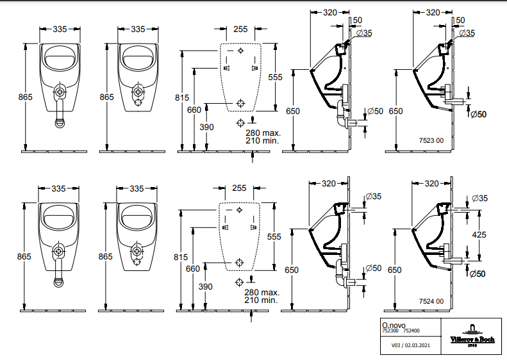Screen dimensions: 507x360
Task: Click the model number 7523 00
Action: (x=431, y=140)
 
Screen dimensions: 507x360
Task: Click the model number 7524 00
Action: (x=431, y=301)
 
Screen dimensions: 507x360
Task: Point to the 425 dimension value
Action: (x=479, y=234)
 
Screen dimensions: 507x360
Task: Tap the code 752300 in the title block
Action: (x=390, y=331)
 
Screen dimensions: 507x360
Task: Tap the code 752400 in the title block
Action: (x=411, y=331)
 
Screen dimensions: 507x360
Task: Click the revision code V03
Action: (x=395, y=345)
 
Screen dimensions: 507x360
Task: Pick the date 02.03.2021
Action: (x=417, y=345)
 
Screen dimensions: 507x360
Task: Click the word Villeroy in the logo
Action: (x=461, y=340)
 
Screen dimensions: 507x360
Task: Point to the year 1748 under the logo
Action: (x=472, y=345)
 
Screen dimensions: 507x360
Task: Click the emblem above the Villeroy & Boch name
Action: (x=472, y=329)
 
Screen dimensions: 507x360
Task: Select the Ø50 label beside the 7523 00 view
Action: (x=478, y=114)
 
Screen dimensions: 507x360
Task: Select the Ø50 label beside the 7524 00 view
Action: (x=478, y=274)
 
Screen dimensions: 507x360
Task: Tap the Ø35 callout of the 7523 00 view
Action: (x=467, y=33)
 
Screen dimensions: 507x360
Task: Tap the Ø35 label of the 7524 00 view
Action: (x=479, y=198)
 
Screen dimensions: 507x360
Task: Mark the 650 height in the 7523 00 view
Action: (x=395, y=111)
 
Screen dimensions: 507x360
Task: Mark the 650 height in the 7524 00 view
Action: (x=394, y=270)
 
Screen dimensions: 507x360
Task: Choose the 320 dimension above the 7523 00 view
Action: (x=433, y=12)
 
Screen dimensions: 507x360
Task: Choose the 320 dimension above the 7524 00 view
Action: (x=431, y=184)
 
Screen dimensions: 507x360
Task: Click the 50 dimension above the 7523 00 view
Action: (x=460, y=20)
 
